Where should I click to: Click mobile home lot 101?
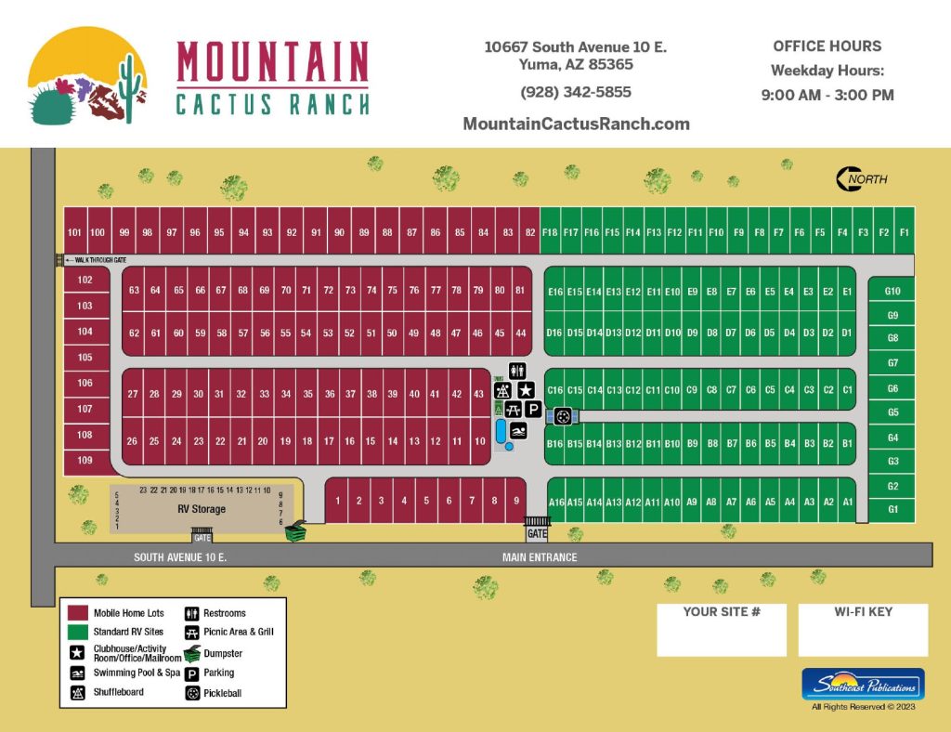[x=75, y=233]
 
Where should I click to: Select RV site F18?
[x=550, y=233]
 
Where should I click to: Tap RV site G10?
[x=892, y=292]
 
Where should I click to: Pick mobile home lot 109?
[x=85, y=460]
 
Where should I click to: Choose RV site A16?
[x=557, y=502]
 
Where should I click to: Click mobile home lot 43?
[x=478, y=394]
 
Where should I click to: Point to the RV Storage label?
[x=202, y=509]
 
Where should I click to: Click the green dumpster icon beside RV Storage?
[x=296, y=533]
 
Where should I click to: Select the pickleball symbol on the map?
[x=563, y=417]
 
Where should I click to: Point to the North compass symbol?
[x=861, y=178]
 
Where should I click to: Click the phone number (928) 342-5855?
[x=575, y=92]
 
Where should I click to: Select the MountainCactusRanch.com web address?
[x=575, y=124]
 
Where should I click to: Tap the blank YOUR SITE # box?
[x=722, y=637]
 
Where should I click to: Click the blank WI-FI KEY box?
[x=863, y=637]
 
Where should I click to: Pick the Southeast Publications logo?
[x=863, y=686]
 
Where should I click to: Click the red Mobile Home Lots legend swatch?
[x=78, y=613]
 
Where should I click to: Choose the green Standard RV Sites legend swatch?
[x=78, y=632]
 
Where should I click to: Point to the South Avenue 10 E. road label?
[x=180, y=557]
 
